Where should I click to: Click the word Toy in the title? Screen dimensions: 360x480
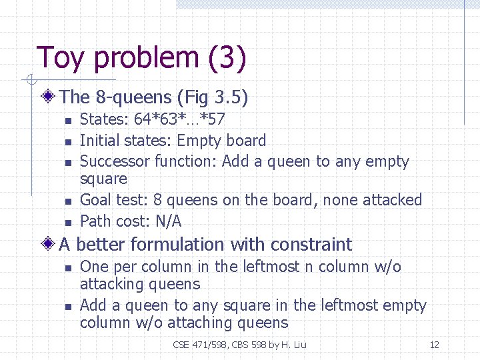(x=61, y=59)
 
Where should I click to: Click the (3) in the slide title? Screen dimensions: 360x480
(x=227, y=59)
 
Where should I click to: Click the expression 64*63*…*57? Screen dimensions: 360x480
(x=179, y=120)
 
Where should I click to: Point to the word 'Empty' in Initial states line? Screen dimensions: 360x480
(x=199, y=141)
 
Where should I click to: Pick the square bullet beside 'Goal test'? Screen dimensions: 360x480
(x=67, y=201)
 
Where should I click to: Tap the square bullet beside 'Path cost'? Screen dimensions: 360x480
(x=67, y=222)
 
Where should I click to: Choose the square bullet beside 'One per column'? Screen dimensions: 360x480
(x=67, y=267)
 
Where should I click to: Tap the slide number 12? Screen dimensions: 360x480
(x=434, y=345)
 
